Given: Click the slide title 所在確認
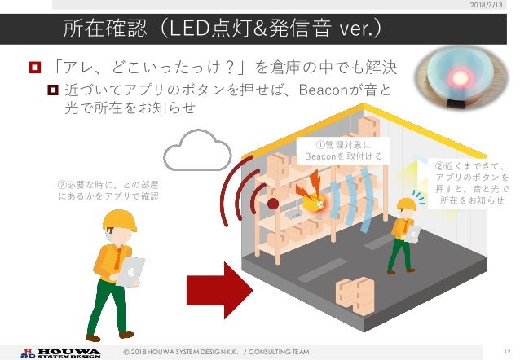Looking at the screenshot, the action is pos(109,31).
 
